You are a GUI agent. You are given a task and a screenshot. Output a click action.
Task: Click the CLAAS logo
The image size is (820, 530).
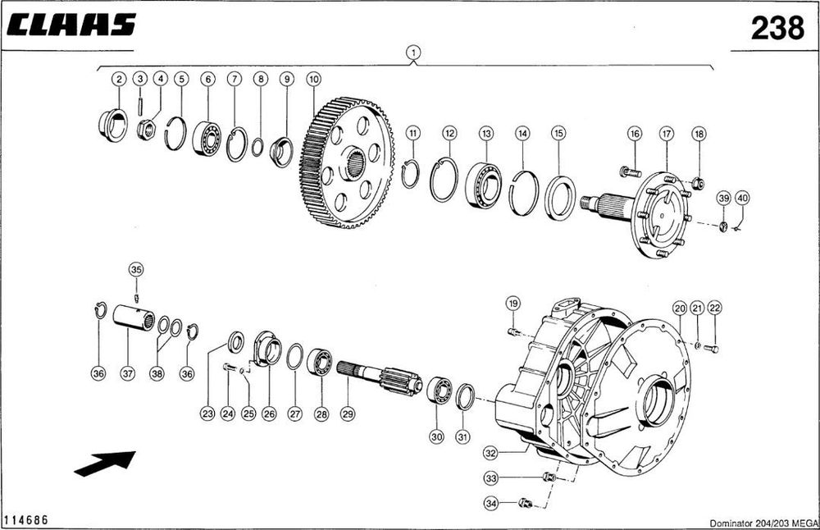click(x=71, y=25)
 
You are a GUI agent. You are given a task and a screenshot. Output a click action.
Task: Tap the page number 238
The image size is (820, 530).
click(x=777, y=28)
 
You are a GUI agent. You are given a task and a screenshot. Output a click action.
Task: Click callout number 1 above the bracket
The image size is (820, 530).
click(x=413, y=53)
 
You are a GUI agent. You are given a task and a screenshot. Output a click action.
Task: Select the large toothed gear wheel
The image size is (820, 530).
click(x=347, y=162)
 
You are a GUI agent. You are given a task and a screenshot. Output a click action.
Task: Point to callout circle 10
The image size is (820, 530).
click(x=313, y=80)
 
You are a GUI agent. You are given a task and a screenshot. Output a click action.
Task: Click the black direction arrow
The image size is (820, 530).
click(x=105, y=464)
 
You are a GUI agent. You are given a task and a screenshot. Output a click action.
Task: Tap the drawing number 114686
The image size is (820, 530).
click(x=25, y=520)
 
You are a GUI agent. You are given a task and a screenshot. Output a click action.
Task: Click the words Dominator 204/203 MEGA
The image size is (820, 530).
click(x=764, y=523)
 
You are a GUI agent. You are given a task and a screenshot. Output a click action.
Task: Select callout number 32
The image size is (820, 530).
click(x=490, y=453)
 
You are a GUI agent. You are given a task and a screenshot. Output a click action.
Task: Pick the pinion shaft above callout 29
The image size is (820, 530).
click(x=379, y=377)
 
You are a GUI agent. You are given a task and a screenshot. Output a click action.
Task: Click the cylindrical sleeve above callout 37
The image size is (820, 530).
click(x=134, y=317)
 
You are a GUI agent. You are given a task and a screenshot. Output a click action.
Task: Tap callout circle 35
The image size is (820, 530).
click(x=136, y=270)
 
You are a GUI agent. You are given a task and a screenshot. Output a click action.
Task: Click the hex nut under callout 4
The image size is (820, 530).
click(x=147, y=130)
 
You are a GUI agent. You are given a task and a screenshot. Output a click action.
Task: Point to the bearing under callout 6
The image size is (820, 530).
click(x=207, y=139)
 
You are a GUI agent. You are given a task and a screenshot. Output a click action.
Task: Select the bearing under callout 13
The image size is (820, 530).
click(x=483, y=185)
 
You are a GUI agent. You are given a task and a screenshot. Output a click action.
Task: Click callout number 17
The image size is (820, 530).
click(x=667, y=134)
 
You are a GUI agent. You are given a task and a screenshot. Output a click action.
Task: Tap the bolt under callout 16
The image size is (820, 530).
click(x=630, y=171)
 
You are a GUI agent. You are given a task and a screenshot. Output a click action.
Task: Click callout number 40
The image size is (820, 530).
click(x=742, y=199)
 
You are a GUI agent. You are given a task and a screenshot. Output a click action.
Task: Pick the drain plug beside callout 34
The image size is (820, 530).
click(x=526, y=503)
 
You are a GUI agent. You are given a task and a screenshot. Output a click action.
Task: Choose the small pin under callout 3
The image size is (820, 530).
click(x=140, y=106)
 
